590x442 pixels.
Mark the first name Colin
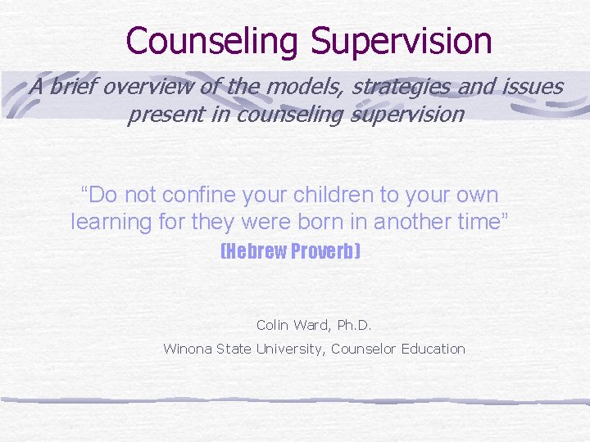pos(272,325)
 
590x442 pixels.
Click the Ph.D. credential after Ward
pos(354,325)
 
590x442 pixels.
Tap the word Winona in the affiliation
pos(188,349)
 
